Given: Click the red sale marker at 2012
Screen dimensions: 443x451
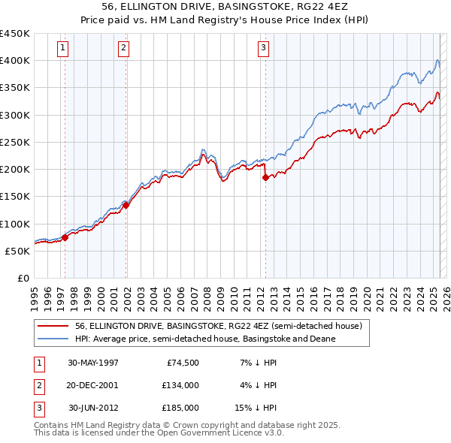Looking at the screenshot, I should [x=265, y=178].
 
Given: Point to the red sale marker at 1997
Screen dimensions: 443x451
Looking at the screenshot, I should [x=65, y=237].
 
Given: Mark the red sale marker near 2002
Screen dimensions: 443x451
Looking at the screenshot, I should [x=126, y=205].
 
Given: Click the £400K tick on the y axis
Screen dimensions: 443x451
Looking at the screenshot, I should [x=15, y=61].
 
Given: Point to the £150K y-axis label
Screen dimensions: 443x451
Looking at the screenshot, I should [x=15, y=197].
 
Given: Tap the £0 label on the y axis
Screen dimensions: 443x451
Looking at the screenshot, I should [x=23, y=278].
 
